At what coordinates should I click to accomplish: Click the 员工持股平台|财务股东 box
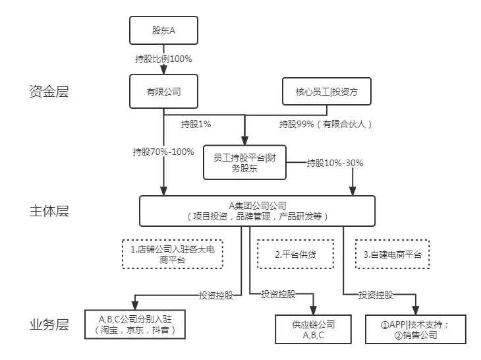click(x=244, y=162)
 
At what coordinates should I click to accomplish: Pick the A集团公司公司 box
click(x=257, y=210)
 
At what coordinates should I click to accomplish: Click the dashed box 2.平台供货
click(x=295, y=254)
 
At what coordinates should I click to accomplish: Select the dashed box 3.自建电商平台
click(x=393, y=254)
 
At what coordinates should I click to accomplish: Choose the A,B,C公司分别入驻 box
click(x=135, y=324)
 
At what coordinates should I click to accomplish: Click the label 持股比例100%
click(x=163, y=59)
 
